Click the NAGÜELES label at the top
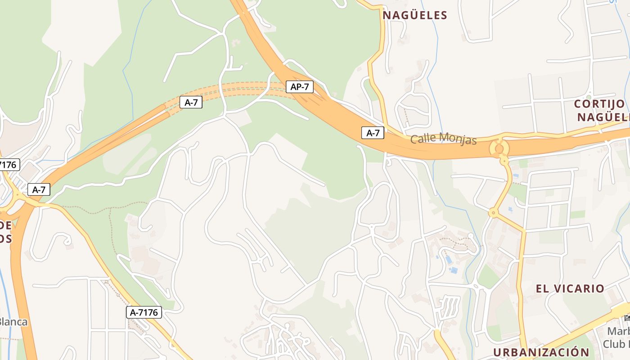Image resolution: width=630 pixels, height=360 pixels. click(415, 15)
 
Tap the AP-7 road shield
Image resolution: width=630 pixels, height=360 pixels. click(300, 86)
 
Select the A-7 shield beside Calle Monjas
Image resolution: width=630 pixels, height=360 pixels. click(373, 133)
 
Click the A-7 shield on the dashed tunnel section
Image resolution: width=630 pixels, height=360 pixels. click(191, 102)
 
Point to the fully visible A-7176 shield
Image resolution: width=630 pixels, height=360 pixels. click(144, 312)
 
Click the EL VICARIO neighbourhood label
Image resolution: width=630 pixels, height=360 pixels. click(570, 288)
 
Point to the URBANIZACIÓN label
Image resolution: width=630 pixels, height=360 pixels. click(541, 352)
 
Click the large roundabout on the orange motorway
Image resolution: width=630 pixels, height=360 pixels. click(499, 148)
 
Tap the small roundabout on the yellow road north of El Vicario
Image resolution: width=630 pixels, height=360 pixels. click(494, 212)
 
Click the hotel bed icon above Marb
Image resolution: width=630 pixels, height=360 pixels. click(627, 318)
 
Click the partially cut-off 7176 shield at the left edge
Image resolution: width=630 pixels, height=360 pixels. click(9, 165)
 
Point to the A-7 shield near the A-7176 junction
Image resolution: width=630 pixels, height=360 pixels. click(38, 189)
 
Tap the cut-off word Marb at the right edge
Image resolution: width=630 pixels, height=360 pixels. click(618, 332)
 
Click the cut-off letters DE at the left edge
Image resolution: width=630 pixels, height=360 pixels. click(5, 225)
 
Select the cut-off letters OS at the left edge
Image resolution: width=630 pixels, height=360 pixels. click(5, 238)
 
